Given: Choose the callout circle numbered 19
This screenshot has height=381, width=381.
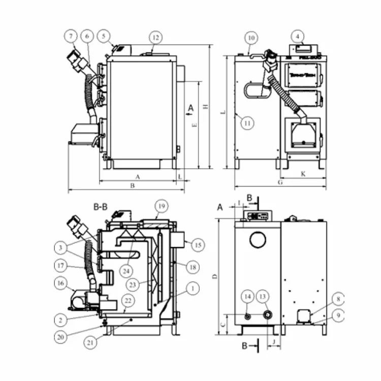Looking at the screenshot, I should click(162, 207).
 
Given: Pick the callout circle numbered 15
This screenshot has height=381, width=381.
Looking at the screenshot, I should click(198, 245).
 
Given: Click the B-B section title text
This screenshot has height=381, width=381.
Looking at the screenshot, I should click(100, 207).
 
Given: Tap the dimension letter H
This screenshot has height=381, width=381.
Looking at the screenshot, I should click(205, 106).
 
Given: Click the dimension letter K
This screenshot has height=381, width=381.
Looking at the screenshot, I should click(303, 174).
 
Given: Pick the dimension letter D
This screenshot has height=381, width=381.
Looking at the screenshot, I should click(215, 277).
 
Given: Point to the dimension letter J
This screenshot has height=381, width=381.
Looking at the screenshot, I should click(274, 342).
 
